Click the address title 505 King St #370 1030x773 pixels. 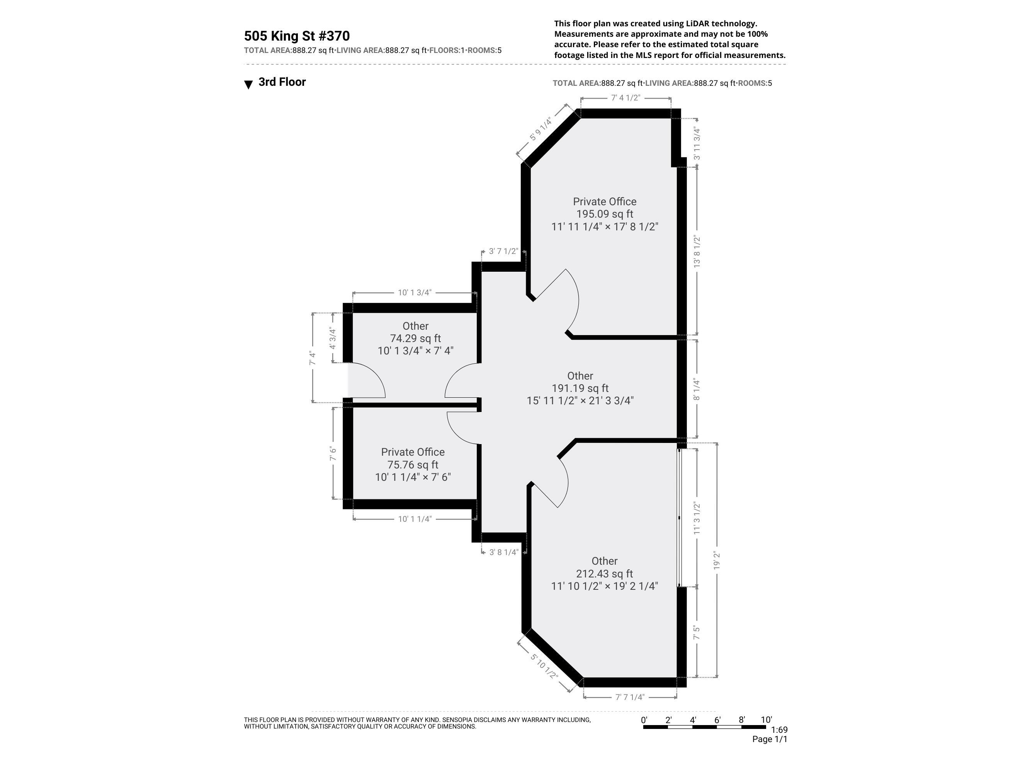click(297, 36)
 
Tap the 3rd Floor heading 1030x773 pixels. click(282, 82)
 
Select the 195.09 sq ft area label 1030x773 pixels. click(604, 214)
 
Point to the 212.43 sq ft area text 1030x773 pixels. click(604, 574)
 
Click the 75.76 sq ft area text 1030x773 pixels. click(413, 465)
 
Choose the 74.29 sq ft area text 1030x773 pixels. click(415, 338)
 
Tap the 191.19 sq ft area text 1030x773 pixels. click(580, 388)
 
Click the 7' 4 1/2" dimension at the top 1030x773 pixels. click(625, 98)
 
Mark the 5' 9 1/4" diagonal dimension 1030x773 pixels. click(540, 129)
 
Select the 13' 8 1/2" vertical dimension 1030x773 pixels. click(697, 251)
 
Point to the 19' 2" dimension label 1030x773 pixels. click(717, 560)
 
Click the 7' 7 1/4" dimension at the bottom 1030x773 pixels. click(629, 697)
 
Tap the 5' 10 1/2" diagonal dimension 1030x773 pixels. click(544, 666)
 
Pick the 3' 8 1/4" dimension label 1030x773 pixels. click(503, 552)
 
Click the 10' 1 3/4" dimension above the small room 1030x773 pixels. click(415, 293)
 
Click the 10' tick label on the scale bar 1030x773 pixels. click(766, 720)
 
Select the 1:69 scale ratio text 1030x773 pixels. click(779, 730)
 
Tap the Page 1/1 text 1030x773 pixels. click(769, 739)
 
